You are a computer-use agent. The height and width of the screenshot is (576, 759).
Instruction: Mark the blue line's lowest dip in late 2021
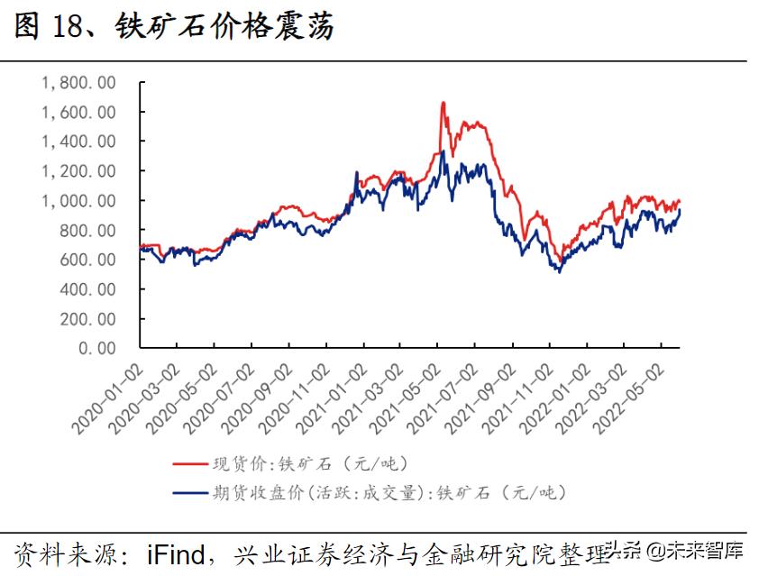click(560, 271)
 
